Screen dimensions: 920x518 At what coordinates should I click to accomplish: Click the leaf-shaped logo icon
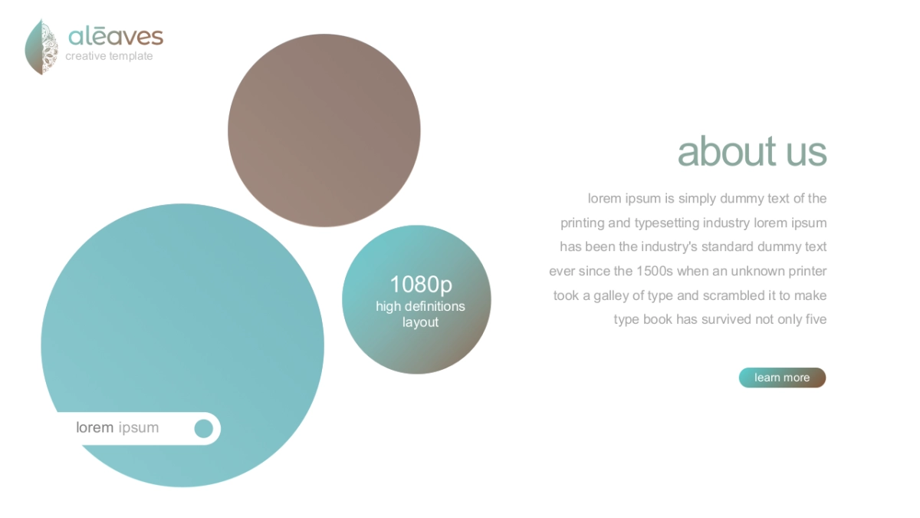pos(41,47)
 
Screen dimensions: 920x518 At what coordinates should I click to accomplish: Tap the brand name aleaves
pos(116,37)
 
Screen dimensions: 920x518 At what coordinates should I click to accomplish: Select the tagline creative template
pos(109,56)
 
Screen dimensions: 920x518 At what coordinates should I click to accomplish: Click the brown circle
pos(324,130)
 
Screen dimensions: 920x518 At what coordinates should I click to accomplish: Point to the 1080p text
pos(421,285)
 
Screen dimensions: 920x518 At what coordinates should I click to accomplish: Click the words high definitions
pos(421,306)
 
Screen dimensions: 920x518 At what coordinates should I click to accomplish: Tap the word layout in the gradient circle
pos(420,322)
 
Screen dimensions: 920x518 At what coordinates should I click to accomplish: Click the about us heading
pos(752,152)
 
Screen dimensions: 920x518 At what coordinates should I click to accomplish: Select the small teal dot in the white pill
pos(204,429)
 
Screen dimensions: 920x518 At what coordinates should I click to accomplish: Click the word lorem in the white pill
pos(95,427)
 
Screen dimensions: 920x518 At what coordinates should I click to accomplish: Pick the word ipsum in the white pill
pos(139,428)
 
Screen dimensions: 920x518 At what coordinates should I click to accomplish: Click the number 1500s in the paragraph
pos(655,272)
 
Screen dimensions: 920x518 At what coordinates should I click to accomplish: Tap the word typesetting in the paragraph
pos(667,223)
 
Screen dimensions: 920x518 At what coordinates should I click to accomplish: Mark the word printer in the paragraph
pos(807,272)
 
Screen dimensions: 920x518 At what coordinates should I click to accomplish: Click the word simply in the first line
pos(698,199)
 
